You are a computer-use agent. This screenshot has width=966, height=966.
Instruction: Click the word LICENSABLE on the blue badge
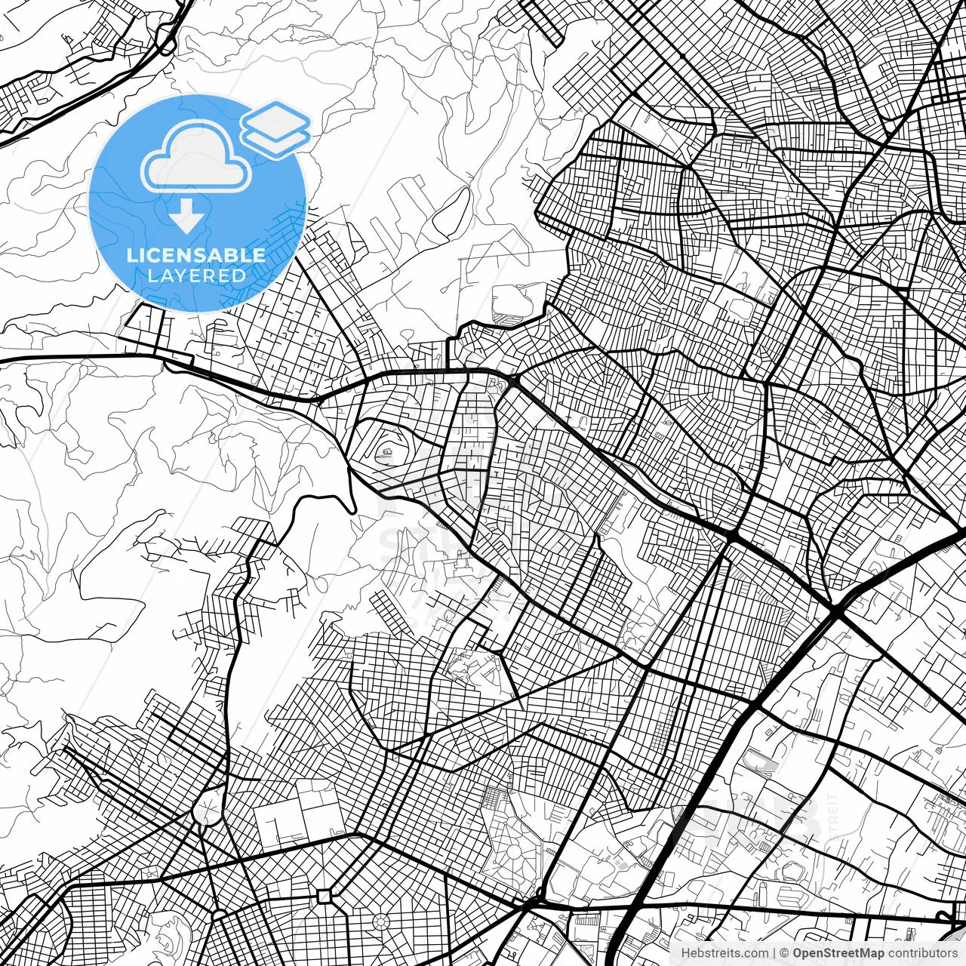196,255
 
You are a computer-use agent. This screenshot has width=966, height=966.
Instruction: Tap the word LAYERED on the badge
196,275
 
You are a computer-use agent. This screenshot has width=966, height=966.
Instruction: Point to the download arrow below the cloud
186,217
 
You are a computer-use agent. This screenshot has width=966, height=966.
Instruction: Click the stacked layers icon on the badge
276,128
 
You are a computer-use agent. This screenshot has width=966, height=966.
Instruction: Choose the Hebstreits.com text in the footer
724,953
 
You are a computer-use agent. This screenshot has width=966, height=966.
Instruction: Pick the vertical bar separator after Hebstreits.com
774,953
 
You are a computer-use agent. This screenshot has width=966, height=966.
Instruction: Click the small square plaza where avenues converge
325,897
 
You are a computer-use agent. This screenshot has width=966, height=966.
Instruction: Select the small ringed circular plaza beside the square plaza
380,921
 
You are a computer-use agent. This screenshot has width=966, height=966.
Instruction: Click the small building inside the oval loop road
386,453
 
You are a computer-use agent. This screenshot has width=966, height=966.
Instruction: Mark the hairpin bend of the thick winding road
352,507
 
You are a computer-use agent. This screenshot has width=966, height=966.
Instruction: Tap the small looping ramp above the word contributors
947,918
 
